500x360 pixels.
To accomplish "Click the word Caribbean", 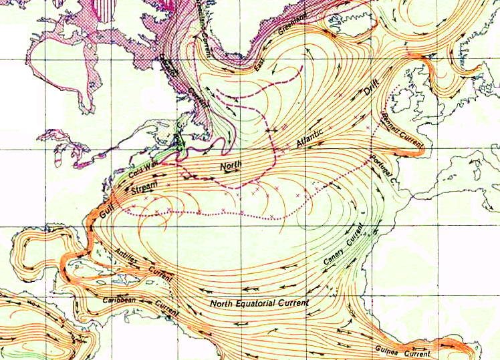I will pyautogui.click(x=118, y=301).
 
